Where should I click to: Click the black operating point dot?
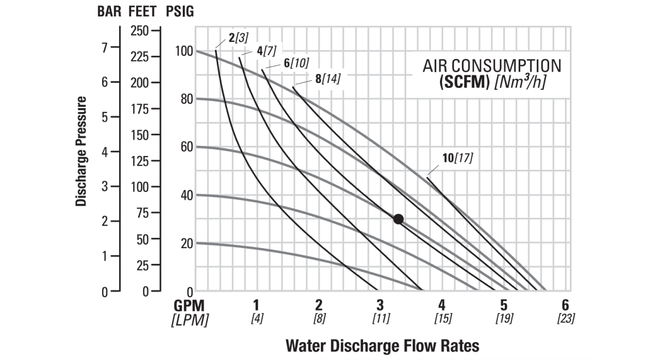pyautogui.click(x=398, y=219)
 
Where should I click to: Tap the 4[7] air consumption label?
pyautogui.click(x=266, y=50)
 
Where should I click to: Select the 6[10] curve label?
pyautogui.click(x=296, y=63)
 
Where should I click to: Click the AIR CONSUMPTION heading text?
pyautogui.click(x=492, y=66)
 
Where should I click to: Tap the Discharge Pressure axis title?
pyautogui.click(x=81, y=151)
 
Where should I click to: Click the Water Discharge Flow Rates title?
pyautogui.click(x=382, y=345)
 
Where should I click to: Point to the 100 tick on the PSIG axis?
pyautogui.click(x=184, y=51)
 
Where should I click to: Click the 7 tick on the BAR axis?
pyautogui.click(x=105, y=47)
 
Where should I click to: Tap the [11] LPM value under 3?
pyautogui.click(x=381, y=319)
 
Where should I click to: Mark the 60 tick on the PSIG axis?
pyautogui.click(x=187, y=147)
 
